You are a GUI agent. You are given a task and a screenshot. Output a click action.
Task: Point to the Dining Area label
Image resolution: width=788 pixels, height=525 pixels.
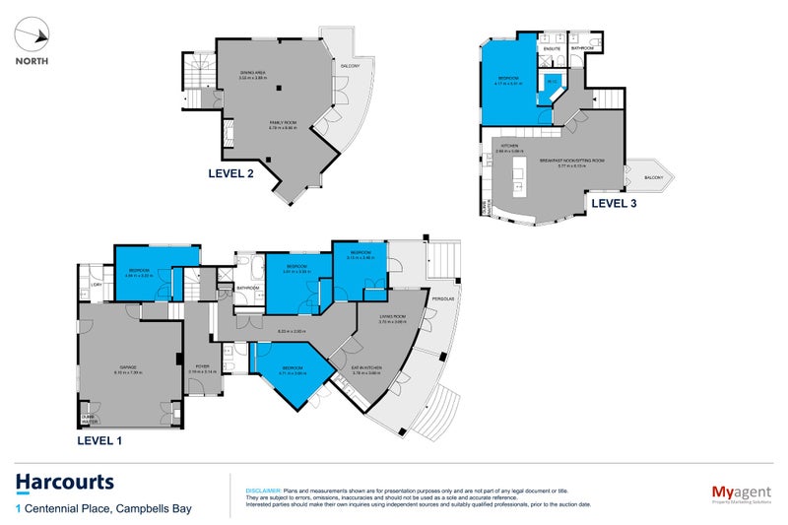click(x=254, y=75)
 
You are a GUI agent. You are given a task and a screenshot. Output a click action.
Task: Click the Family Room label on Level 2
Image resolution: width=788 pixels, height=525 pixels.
click(x=286, y=124)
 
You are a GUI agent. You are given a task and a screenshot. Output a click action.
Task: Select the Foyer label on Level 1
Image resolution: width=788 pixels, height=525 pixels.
click(x=202, y=367)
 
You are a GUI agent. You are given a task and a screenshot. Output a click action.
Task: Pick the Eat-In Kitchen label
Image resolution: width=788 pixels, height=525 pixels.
click(x=367, y=369)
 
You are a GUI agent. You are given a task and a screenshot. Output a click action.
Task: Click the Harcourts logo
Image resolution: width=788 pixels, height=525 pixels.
click(x=64, y=483)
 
